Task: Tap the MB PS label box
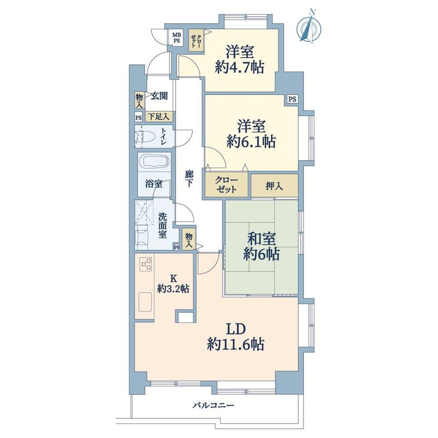177,38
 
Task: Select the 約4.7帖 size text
239,67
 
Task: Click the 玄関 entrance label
159,96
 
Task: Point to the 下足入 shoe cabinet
159,116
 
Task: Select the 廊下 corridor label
189,179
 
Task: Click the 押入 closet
274,186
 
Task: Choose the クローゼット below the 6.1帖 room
226,184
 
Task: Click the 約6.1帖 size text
251,141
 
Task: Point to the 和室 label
262,239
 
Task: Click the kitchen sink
145,302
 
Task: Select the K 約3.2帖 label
173,284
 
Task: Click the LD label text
236,329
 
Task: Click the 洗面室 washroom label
163,225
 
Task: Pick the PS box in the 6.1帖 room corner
292,99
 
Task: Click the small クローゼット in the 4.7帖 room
196,41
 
